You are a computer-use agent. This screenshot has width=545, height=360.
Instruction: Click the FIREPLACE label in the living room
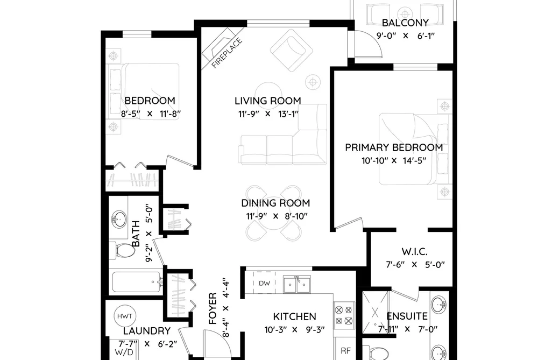point(227,53)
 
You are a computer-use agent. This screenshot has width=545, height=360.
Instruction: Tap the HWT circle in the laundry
point(125,316)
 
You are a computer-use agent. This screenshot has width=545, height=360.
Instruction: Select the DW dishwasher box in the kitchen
point(264,283)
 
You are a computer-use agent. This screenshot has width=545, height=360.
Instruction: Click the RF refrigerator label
point(345,351)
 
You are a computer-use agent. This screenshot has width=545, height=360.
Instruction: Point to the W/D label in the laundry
point(124,352)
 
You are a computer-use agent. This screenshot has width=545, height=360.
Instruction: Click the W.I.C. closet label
point(414,251)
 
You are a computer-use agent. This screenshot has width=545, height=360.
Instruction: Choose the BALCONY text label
point(405,23)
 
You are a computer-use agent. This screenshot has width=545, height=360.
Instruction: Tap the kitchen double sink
point(296,285)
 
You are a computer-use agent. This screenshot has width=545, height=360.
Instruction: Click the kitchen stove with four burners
point(344,315)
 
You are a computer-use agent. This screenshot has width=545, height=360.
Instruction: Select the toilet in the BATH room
point(122,250)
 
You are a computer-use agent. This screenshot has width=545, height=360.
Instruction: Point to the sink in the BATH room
point(119,219)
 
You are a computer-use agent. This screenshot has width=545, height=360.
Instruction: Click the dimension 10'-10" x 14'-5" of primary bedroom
point(394,161)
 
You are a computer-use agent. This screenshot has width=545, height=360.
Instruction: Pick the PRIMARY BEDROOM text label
point(394,147)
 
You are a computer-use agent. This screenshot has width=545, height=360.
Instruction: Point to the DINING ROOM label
point(275,203)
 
